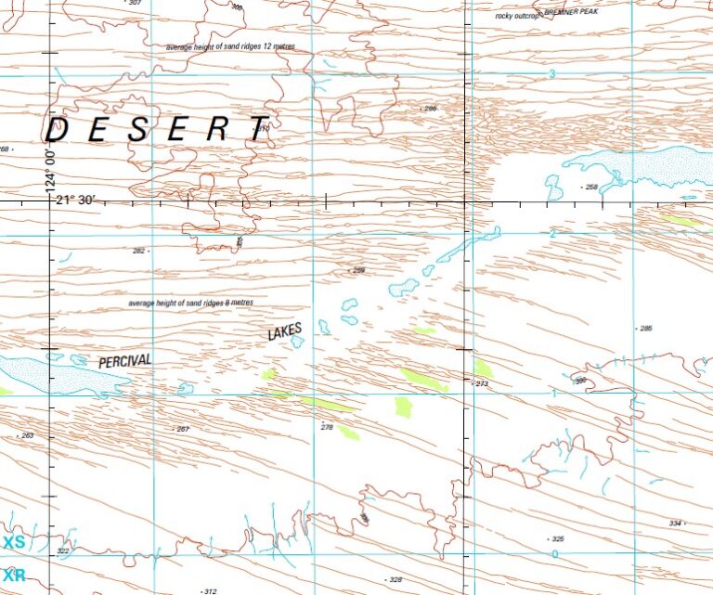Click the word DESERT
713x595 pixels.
tap(158, 129)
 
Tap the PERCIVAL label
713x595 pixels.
tap(124, 361)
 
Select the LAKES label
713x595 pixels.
tap(286, 332)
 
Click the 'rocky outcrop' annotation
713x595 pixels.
tap(517, 16)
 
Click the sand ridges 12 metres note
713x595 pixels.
tap(230, 46)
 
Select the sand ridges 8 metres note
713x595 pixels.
tap(190, 304)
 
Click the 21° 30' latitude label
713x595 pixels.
tap(73, 200)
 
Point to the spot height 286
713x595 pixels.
tap(429, 109)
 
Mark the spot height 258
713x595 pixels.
tap(591, 187)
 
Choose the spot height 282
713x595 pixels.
tap(139, 251)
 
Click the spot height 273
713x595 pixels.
tap(481, 382)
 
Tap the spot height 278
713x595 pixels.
tap(326, 427)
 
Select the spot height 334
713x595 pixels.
tap(675, 524)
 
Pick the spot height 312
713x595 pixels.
tap(210, 590)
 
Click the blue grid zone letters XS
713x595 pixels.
tap(14, 542)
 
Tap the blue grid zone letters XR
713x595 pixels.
tap(14, 575)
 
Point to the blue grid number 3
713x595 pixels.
tap(551, 73)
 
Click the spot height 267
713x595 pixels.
tap(182, 429)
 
